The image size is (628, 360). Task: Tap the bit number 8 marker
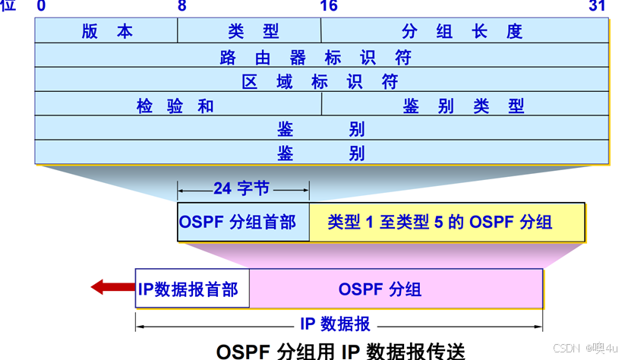181,7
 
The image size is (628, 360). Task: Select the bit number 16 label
328,7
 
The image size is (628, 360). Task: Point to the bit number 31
598,7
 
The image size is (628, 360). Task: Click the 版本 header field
106,31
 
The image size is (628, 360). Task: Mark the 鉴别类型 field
463,105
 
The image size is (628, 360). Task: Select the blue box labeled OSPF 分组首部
243,222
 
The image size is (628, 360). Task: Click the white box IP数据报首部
191,289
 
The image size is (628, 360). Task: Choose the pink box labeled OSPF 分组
395,289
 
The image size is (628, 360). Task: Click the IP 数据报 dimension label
335,324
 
